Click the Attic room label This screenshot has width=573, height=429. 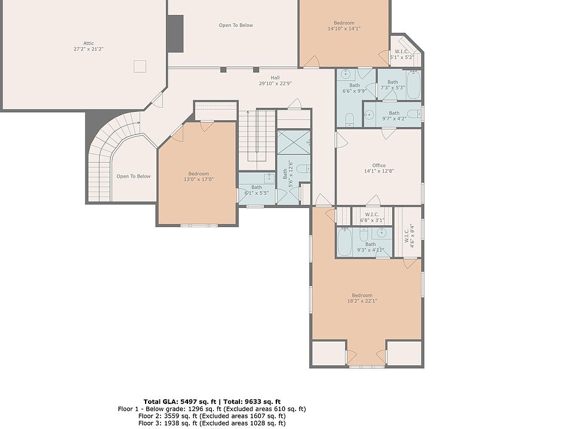88,43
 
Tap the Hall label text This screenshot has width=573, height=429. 275,77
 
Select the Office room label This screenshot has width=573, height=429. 379,165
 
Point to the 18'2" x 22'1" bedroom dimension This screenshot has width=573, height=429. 362,301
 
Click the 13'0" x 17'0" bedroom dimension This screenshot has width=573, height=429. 198,179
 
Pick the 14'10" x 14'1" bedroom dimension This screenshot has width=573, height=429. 344,29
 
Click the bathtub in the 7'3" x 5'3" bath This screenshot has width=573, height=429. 414,85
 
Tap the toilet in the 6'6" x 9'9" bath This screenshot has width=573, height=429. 350,119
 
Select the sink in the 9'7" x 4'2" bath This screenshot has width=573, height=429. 369,114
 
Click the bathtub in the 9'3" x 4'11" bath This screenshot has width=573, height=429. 344,242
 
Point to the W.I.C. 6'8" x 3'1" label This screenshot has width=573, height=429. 372,217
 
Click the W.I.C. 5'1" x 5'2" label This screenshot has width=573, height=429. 402,55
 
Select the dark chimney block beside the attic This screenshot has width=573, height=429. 175,33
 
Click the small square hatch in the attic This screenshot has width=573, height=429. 140,66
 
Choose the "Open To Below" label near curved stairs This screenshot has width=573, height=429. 133,176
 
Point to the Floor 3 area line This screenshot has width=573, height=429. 212,423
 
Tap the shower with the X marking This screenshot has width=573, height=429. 294,142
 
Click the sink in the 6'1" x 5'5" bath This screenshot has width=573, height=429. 269,178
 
